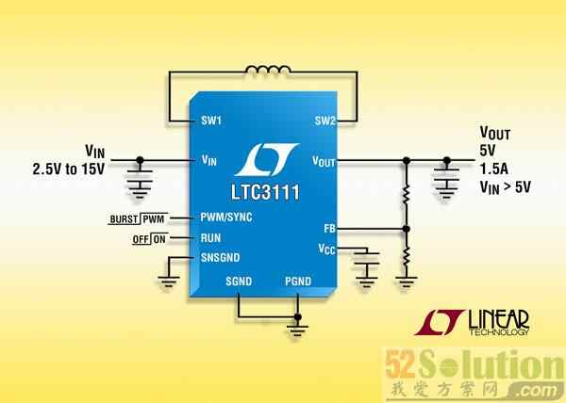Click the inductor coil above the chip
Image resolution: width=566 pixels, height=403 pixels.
[x=268, y=70]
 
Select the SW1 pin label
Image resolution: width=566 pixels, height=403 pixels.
[x=211, y=121]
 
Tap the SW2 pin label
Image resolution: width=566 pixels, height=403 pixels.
[x=325, y=121]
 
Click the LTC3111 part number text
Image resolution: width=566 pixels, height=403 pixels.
[x=265, y=192]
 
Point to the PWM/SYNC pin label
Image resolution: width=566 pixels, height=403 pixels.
[x=226, y=218]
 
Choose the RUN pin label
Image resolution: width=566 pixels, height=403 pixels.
[x=210, y=237]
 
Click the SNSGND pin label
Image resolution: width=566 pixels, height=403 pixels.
[x=220, y=257]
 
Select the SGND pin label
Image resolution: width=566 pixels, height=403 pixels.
[x=239, y=281]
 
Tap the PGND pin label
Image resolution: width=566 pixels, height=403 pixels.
[x=298, y=281]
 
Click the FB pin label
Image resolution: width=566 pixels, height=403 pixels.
[x=329, y=228]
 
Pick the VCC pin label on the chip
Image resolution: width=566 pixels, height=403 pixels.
[x=326, y=249]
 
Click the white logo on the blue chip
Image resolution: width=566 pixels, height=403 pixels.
[x=266, y=159]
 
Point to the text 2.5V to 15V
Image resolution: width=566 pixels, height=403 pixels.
[x=69, y=169]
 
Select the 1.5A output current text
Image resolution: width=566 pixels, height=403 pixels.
[x=493, y=169]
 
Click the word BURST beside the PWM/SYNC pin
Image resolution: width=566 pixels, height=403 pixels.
[x=124, y=219]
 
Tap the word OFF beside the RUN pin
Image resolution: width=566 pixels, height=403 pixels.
[x=141, y=239]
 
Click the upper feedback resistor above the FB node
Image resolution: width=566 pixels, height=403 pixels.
[x=407, y=195]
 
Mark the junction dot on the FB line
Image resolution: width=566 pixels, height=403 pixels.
[x=407, y=229]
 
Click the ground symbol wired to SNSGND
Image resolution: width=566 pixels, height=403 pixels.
[x=169, y=281]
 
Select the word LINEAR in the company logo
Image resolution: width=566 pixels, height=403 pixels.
[x=498, y=320]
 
